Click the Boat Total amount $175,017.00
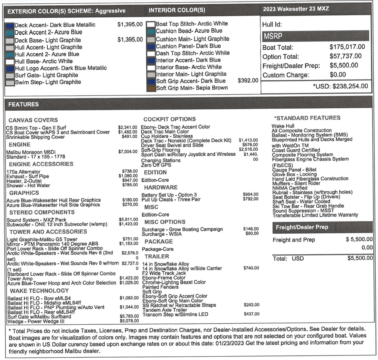[347, 47]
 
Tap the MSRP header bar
[315, 36]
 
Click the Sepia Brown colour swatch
[151, 88]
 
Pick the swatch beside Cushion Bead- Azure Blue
[151, 31]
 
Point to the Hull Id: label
[272, 25]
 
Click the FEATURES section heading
[23, 104]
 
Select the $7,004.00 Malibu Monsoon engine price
[128, 152]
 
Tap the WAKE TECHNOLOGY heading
[39, 291]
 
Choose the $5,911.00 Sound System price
[128, 220]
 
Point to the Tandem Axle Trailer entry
[165, 310]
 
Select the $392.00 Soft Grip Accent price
[248, 81]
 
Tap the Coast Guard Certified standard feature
[296, 150]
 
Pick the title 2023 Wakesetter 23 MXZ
[296, 9]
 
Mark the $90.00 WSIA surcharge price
[252, 233]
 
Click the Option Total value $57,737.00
[345, 56]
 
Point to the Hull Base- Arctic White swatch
[10, 61]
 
